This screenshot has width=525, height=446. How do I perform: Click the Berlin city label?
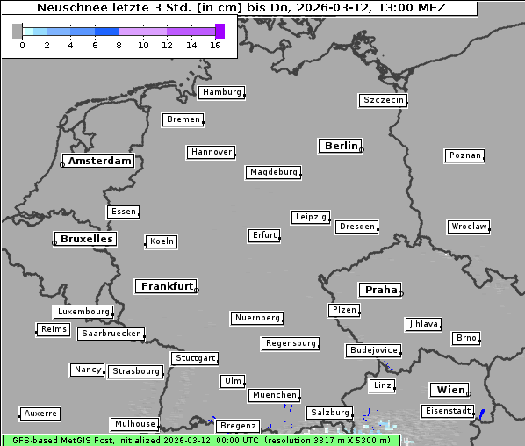[x=341, y=146]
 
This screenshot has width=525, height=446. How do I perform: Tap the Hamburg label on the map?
[x=221, y=92]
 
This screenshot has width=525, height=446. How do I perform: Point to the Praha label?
[x=381, y=290]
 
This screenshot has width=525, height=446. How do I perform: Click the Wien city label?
[x=450, y=390]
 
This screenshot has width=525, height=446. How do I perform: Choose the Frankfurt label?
[x=167, y=286]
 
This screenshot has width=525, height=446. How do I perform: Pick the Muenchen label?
[x=275, y=396]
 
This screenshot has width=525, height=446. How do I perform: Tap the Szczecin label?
[x=384, y=100]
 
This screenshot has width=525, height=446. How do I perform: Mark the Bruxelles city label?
[x=86, y=239]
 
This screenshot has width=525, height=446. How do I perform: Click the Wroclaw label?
[x=468, y=227]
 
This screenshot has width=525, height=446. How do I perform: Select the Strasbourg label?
[x=136, y=371]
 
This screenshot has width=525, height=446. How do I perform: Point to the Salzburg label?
[x=329, y=413]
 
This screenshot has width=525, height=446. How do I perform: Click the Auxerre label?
[x=40, y=413]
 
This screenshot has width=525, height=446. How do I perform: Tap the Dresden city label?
[x=357, y=227]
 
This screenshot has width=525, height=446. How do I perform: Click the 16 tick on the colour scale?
[x=216, y=45]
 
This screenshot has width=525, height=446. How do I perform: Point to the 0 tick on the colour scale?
[x=22, y=45]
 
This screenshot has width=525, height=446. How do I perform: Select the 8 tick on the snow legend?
[x=119, y=45]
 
